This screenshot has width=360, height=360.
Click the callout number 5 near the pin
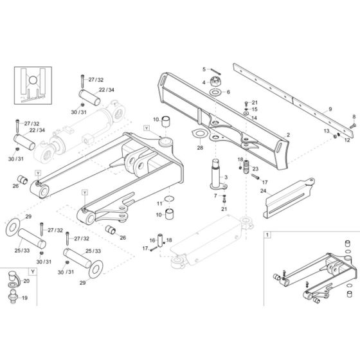pyautogui.click(x=204, y=69)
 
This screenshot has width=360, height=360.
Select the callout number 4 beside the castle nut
pyautogui.click(x=204, y=82)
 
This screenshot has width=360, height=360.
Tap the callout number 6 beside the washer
pyautogui.click(x=228, y=93)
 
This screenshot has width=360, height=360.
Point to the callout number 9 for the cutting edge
pyautogui.click(x=330, y=108)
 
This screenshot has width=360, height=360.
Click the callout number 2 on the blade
pyautogui.click(x=288, y=134)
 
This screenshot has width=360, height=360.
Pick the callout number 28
pyautogui.click(x=200, y=148)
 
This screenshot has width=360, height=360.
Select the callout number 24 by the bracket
pyautogui.click(x=264, y=190)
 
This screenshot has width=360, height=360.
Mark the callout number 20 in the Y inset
pyautogui.click(x=26, y=280)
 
